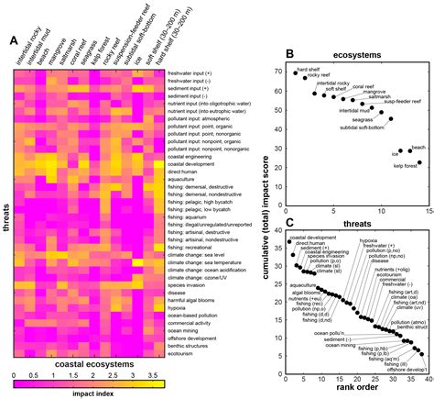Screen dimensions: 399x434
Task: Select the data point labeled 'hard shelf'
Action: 295,72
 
